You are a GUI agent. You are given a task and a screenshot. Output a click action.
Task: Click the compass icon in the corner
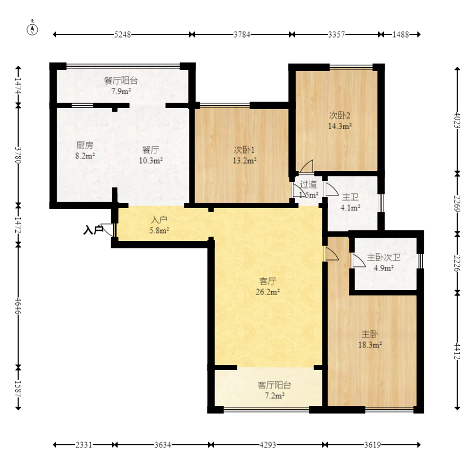[x=32, y=29]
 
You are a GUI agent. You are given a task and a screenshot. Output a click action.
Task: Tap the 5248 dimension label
[x=123, y=34]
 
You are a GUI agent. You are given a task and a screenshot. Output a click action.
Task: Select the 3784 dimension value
[x=242, y=34]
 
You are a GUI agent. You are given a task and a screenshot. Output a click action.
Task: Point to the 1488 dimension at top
[x=401, y=34]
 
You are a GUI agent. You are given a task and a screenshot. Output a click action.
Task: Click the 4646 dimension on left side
[x=18, y=307]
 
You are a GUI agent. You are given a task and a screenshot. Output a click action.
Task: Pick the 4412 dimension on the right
[x=457, y=351]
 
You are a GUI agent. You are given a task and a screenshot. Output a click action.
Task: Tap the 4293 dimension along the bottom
[x=268, y=445]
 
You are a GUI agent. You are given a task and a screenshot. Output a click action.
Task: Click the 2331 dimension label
[x=84, y=445]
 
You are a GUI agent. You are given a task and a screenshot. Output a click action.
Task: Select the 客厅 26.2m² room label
[x=267, y=286]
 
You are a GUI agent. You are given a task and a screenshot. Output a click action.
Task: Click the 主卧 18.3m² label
[x=370, y=339]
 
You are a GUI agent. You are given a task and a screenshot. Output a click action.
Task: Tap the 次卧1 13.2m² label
[x=244, y=155]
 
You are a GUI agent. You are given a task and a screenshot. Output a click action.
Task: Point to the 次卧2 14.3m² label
[x=340, y=121]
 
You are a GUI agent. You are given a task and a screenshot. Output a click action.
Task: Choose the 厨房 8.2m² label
[x=85, y=150]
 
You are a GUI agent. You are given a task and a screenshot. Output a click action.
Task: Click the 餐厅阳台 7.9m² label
[x=121, y=86]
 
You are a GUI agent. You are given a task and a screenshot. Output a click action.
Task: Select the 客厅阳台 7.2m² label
[x=274, y=390]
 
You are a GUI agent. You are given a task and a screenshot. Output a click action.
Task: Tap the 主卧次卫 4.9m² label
[x=383, y=263]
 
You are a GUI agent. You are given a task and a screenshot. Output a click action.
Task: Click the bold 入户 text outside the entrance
[x=94, y=230]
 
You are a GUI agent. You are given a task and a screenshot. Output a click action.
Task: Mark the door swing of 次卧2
[x=307, y=166]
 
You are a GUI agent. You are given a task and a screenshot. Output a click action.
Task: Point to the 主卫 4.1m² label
[x=350, y=202]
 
